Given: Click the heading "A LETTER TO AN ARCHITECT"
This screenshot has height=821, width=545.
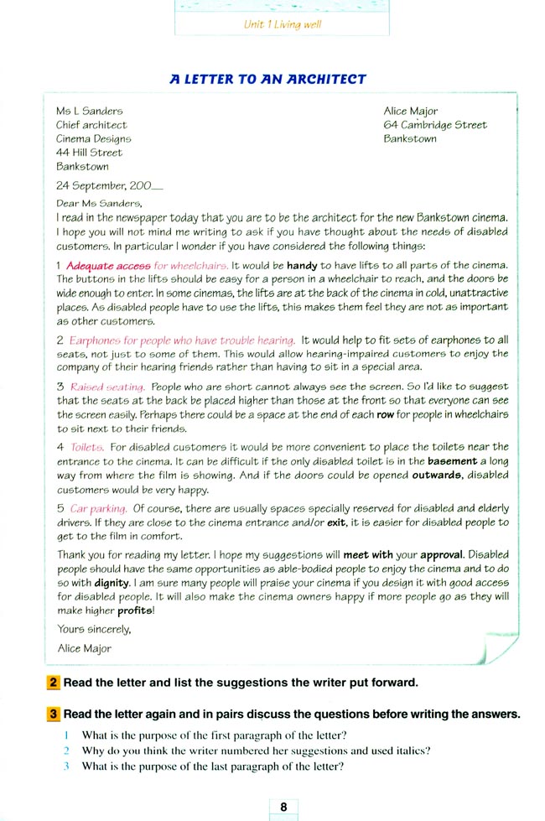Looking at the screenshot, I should pos(268,80).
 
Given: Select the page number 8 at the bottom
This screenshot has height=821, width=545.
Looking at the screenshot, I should pos(283,807).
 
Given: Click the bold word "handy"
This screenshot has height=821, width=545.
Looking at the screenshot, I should pos(301,266).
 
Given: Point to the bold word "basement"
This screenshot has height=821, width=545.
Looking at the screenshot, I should pos(453,461).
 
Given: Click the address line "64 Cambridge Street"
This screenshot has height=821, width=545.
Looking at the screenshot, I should pos(434,125).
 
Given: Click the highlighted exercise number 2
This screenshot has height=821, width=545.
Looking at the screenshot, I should pos(53,682).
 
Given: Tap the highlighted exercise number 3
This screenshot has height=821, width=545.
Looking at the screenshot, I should pos(53,714).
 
